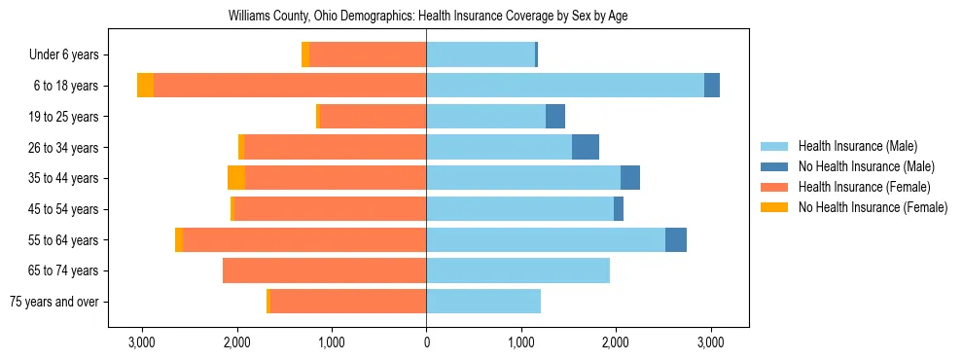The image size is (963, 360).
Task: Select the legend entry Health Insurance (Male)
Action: (857, 146)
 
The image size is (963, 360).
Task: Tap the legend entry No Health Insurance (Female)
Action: (872, 207)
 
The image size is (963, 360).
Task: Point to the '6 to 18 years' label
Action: (66, 86)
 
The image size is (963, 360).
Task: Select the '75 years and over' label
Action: (53, 302)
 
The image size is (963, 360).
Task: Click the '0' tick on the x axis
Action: (426, 342)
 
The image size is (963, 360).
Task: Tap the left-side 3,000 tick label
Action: (142, 342)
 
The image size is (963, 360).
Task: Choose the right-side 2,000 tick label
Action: (616, 342)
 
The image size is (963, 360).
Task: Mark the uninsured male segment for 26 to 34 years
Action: (586, 147)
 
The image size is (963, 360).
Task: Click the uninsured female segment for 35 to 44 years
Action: (236, 178)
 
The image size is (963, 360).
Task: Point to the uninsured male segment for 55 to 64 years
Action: (676, 239)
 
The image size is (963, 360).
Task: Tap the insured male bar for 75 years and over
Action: (483, 302)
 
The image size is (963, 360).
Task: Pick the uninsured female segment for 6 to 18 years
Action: (145, 86)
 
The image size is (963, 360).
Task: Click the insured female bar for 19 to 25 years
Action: (373, 117)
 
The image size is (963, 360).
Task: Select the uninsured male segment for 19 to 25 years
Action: (555, 117)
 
